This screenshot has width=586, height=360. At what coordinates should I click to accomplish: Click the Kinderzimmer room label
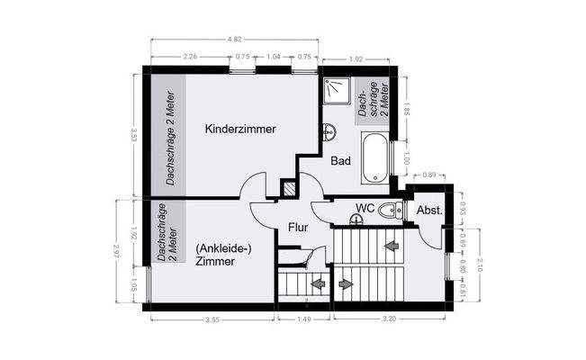tap(240, 129)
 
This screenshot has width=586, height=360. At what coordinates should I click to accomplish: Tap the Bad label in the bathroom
tap(340, 161)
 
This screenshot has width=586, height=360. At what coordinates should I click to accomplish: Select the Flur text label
tap(298, 228)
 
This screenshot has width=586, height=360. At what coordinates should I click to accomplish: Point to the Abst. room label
tap(428, 210)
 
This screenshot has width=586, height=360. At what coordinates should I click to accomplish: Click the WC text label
tap(365, 208)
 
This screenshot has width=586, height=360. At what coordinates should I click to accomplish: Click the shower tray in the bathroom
tap(338, 90)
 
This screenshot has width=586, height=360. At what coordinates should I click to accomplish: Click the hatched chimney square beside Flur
tap(290, 189)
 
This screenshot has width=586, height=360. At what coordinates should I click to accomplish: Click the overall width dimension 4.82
tap(235, 40)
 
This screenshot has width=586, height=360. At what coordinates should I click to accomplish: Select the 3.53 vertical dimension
tap(133, 135)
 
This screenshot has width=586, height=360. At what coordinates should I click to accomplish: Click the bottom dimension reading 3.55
tap(213, 319)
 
